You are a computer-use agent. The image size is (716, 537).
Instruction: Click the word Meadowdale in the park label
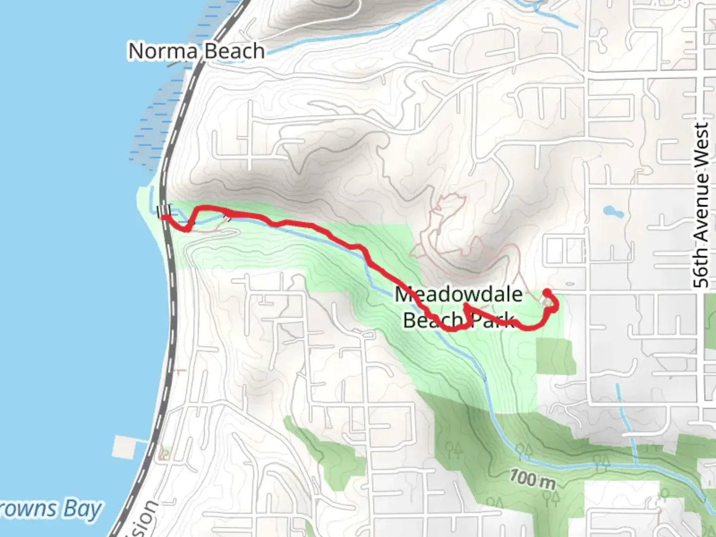tap(458, 294)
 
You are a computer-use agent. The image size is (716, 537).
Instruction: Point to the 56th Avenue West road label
tap(701, 205)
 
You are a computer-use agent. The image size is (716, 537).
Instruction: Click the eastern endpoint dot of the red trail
tap(546, 292)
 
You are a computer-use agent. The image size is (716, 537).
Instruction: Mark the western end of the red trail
tap(163, 217)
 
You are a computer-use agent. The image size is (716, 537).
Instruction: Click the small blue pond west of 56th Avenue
tap(613, 212)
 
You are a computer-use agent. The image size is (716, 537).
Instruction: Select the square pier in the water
tap(124, 447)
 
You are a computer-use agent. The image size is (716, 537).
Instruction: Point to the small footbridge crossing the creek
tap(228, 217)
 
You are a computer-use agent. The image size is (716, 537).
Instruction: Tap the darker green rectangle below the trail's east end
tap(555, 356)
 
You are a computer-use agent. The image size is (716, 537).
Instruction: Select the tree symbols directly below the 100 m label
tap(548, 497)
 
